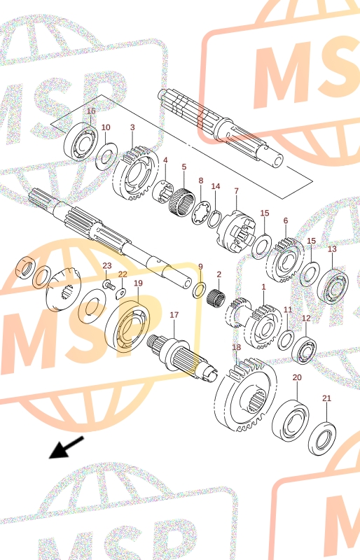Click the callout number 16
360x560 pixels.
coord(92,111)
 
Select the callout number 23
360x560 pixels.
coord(107,266)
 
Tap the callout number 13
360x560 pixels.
coord(332,248)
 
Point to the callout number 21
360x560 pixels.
coord(327,398)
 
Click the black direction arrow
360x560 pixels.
coord(66,447)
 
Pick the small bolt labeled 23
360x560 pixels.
coord(109,285)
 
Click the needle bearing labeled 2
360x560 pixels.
coord(216,297)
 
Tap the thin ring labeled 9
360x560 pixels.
coord(200,290)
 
